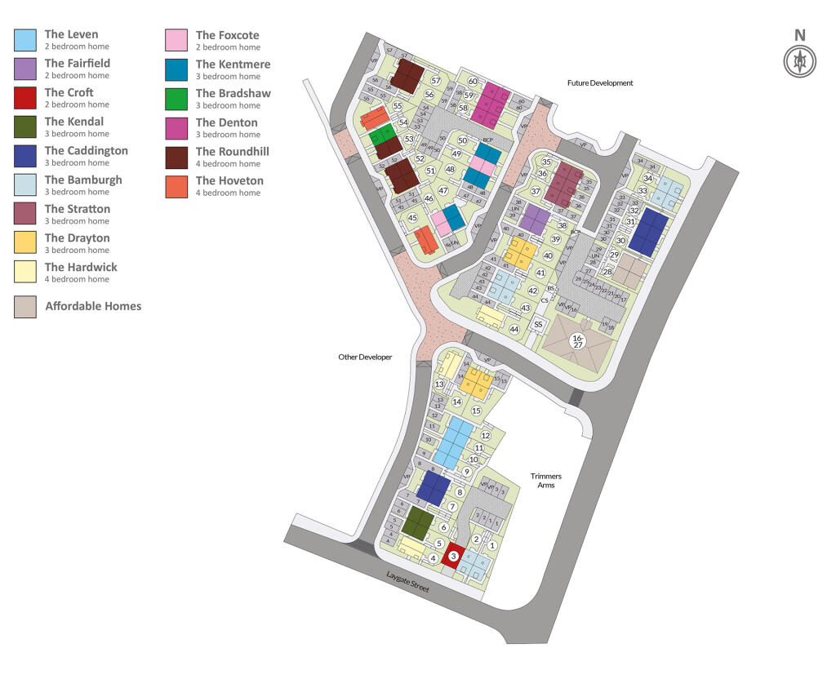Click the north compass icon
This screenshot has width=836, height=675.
click(799, 61)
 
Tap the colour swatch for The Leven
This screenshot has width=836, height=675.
click(25, 40)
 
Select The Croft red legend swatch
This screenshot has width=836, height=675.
click(25, 98)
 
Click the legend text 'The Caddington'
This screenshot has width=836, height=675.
click(86, 151)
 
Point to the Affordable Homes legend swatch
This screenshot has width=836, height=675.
click(25, 306)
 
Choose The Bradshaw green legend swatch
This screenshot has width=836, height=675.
click(177, 99)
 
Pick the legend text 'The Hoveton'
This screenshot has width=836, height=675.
click(229, 180)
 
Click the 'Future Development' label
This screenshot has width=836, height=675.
click(600, 83)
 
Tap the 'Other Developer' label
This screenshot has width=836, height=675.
click(365, 357)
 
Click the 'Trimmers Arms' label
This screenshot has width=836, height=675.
click(546, 481)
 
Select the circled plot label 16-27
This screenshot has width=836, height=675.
click(578, 341)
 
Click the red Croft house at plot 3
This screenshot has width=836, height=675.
click(453, 556)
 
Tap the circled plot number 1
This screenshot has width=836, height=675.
click(492, 545)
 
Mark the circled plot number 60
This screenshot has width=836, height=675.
click(473, 81)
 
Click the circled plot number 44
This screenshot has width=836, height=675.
click(514, 329)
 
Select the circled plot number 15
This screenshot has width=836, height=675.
click(476, 410)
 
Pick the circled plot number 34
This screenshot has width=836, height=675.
click(647, 178)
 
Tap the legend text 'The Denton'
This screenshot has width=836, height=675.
click(226, 122)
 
